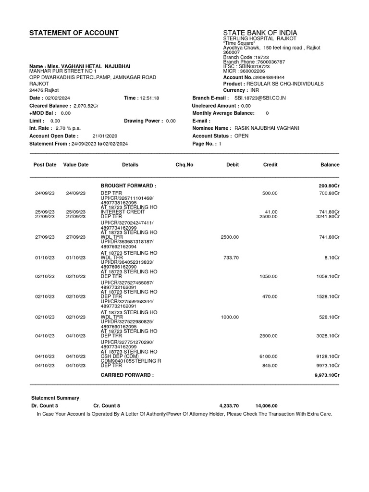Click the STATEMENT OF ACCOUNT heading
pos(74,33)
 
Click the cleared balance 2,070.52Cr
pos(85,106)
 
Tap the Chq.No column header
pos(184,165)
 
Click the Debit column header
pos(233,165)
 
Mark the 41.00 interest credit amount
pos(271,212)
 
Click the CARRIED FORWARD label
pos(127,375)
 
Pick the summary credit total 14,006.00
pos(267,406)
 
